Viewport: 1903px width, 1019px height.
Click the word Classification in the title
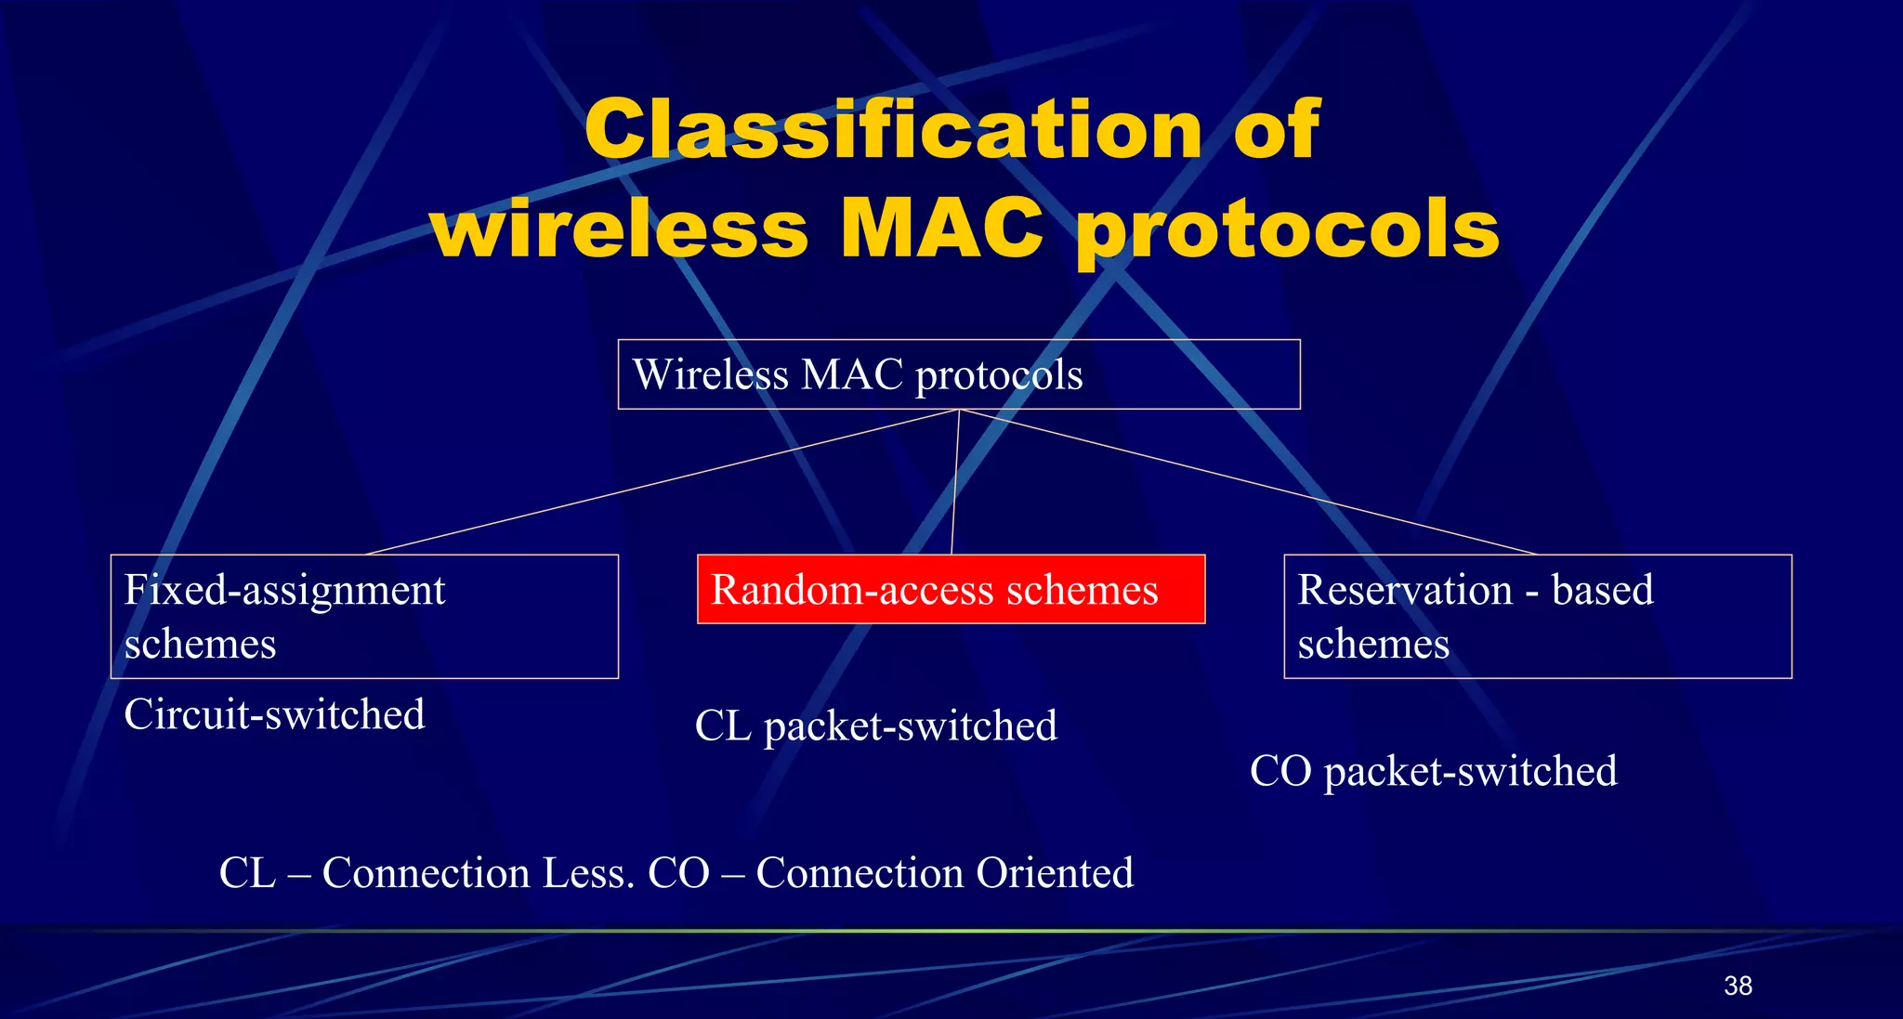[x=892, y=130]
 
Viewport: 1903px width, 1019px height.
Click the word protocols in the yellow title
[x=1288, y=230]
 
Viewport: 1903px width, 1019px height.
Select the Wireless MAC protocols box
[x=958, y=374]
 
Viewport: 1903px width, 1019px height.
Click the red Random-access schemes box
[x=951, y=590]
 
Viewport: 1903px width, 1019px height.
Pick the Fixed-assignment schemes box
[x=364, y=617]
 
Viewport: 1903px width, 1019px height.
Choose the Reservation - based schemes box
[x=1537, y=617]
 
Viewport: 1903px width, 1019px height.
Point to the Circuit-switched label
[x=274, y=714]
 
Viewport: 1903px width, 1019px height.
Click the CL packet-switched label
[x=875, y=725]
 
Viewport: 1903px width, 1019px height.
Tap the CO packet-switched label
[x=1433, y=771]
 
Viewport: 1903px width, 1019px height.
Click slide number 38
[x=1738, y=986]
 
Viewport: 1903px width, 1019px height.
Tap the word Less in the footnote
[x=588, y=873]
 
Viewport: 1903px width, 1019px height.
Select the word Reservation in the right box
[x=1405, y=590]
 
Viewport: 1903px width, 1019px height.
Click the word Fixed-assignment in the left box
[x=284, y=590]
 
